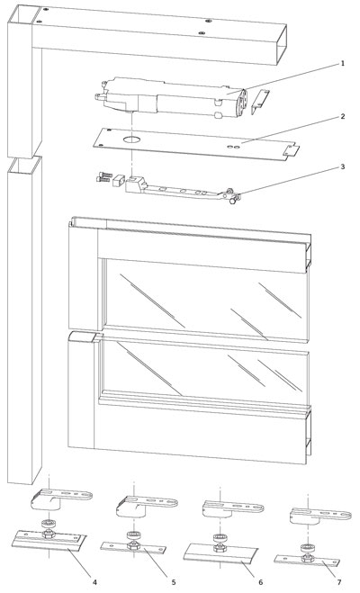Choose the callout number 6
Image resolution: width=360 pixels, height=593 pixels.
(x=261, y=581)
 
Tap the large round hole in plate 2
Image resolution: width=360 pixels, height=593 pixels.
(x=131, y=140)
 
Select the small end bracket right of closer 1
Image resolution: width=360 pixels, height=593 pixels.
(x=259, y=101)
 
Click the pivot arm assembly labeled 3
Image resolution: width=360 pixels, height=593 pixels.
(x=180, y=190)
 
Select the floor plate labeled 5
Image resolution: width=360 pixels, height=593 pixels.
(x=131, y=546)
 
